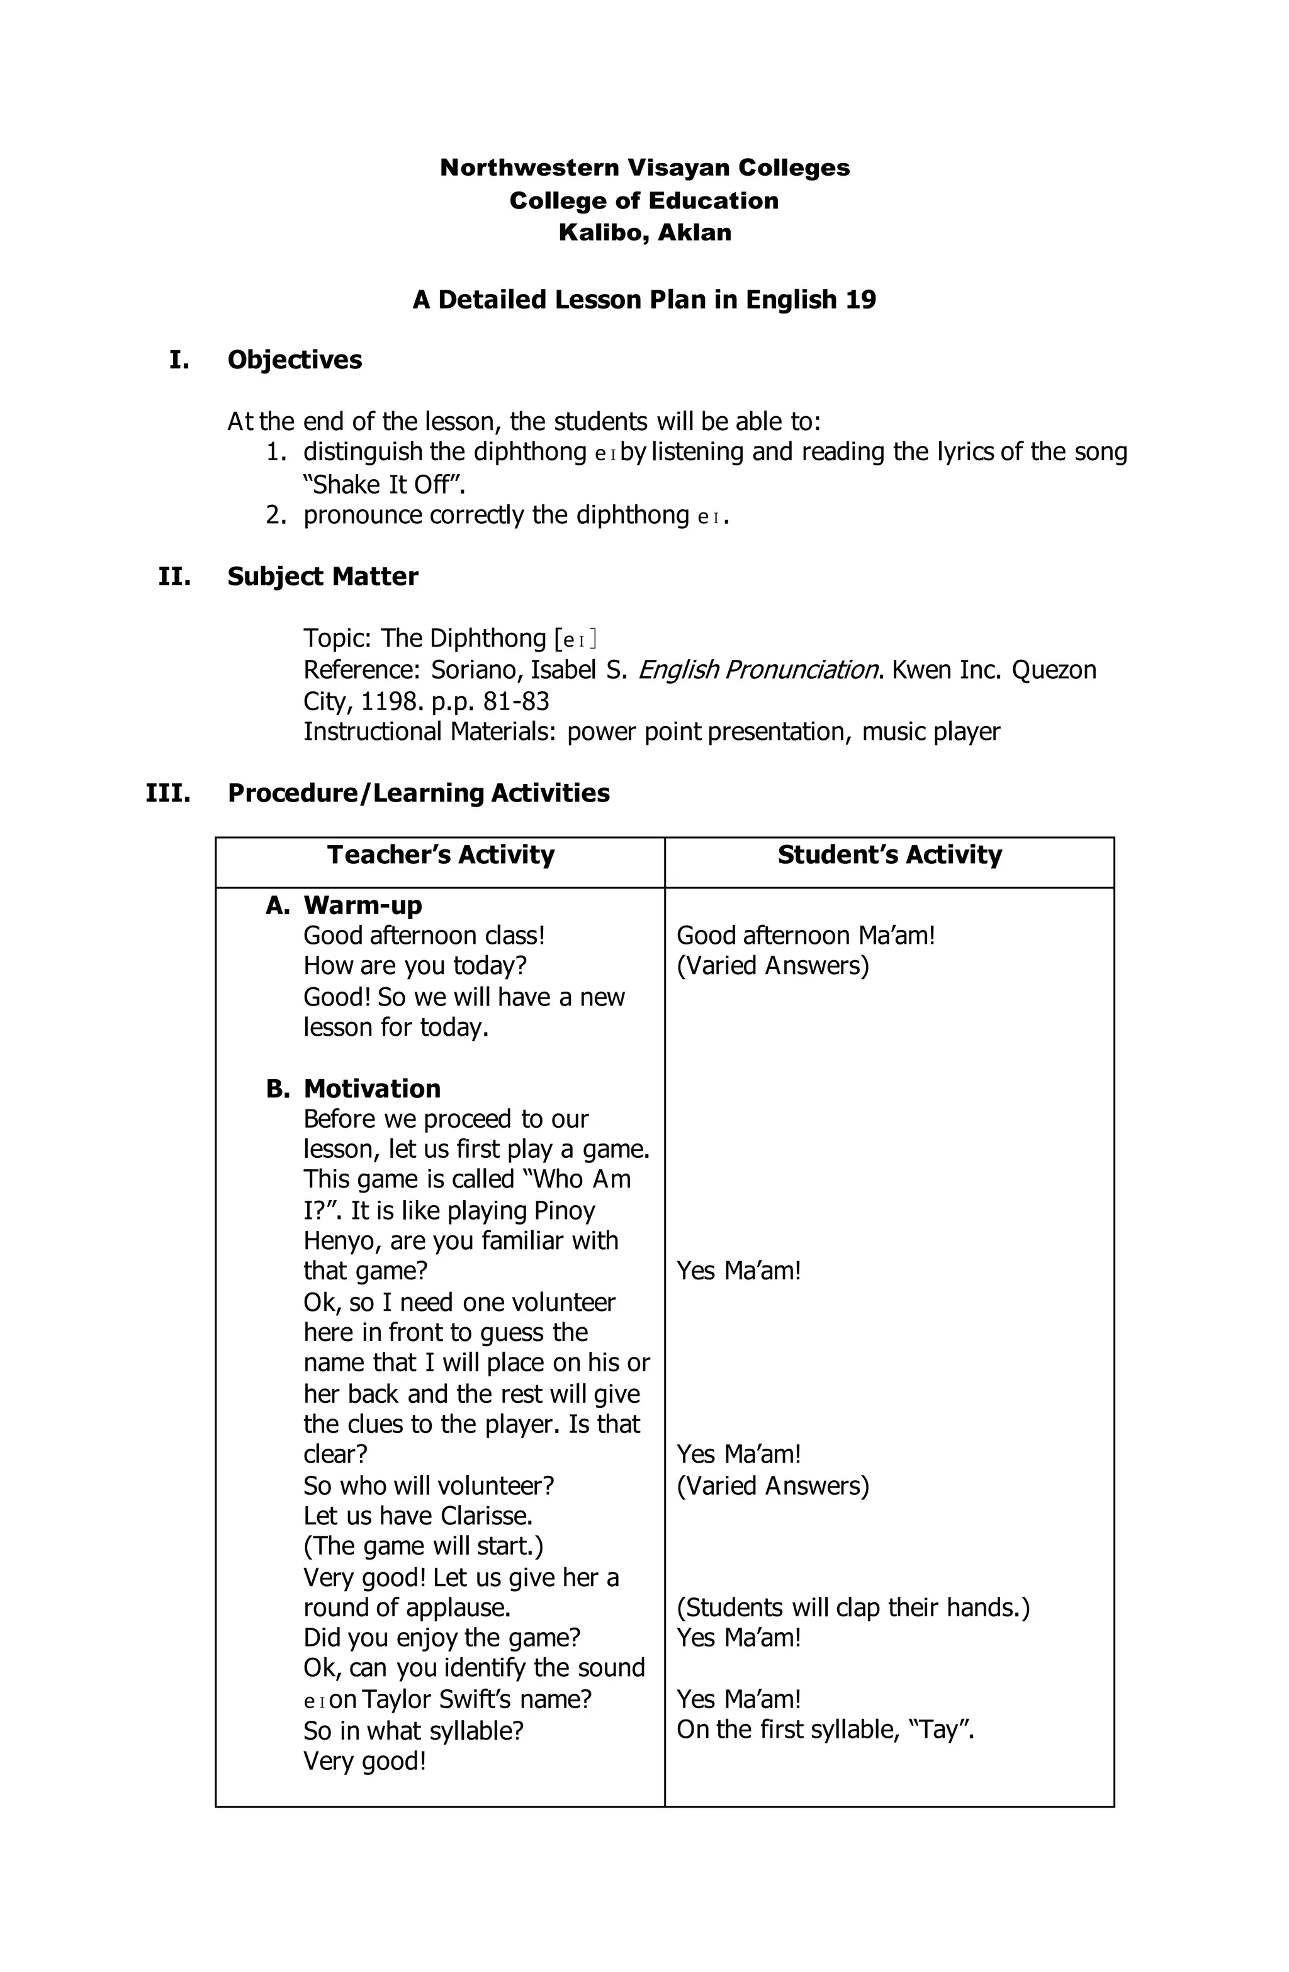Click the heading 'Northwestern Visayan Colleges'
pos(644,167)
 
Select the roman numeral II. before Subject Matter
pos(174,576)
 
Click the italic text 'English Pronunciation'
pos(757,669)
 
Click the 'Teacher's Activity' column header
pos(440,854)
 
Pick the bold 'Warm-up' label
pos(362,905)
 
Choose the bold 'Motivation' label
pos(371,1088)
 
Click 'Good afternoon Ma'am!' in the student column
pos(805,936)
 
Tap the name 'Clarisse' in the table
pos(485,1516)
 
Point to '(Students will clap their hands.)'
pos(852,1607)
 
